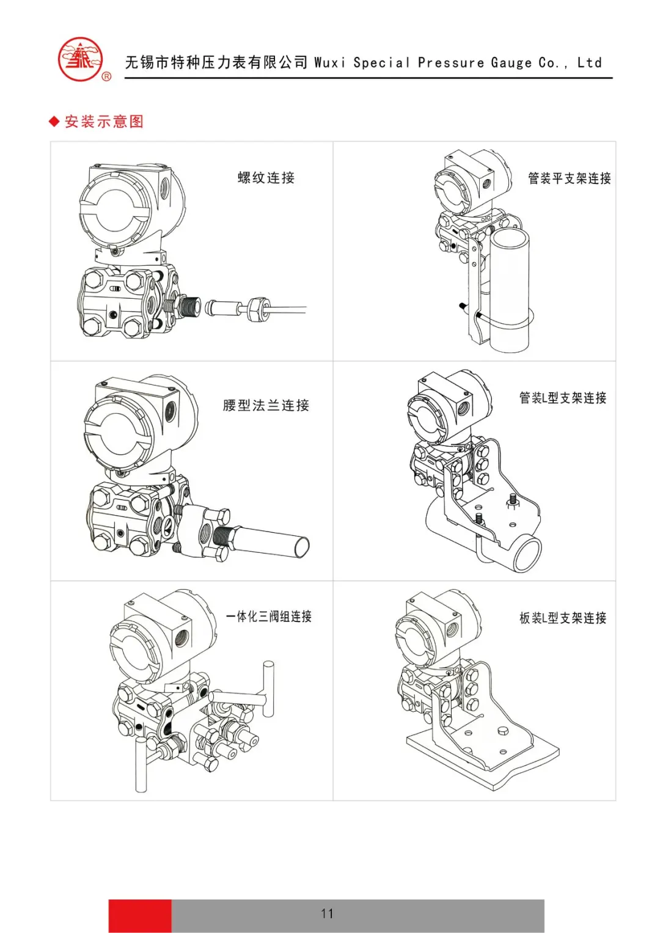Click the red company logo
pyautogui.click(x=80, y=60)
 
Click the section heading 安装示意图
pyautogui.click(x=104, y=122)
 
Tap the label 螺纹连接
pyautogui.click(x=266, y=178)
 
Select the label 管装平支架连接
pyautogui.click(x=569, y=178)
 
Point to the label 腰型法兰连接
pyautogui.click(x=266, y=405)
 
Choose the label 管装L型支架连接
pyautogui.click(x=562, y=398)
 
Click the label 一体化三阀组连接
pyautogui.click(x=269, y=617)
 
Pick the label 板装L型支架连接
pyautogui.click(x=562, y=618)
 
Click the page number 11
pyautogui.click(x=327, y=913)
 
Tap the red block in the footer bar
pyautogui.click(x=140, y=915)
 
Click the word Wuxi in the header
pyautogui.click(x=329, y=63)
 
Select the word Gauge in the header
pyautogui.click(x=511, y=63)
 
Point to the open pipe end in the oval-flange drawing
pyautogui.click(x=302, y=545)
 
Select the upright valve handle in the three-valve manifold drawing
pyautogui.click(x=268, y=687)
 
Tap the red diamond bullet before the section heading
pyautogui.click(x=54, y=122)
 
